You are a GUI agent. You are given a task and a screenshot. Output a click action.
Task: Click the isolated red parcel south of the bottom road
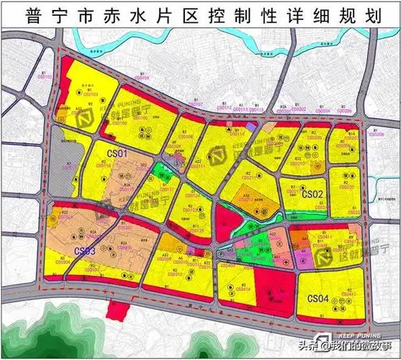point(114,311)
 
